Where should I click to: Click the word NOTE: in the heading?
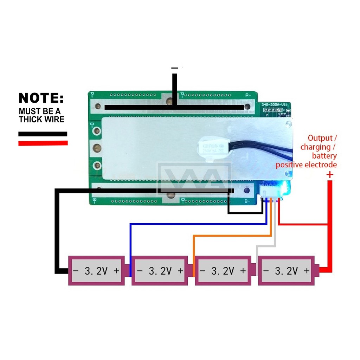click(x=41, y=98)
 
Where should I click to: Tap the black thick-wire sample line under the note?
click(x=43, y=134)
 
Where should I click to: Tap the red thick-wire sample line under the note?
click(x=43, y=143)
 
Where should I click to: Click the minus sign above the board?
click(x=174, y=67)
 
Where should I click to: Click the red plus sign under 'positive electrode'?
click(x=330, y=174)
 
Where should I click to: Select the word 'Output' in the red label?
click(x=319, y=138)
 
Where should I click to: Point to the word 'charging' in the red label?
click(x=315, y=147)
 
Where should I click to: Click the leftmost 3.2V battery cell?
click(x=96, y=270)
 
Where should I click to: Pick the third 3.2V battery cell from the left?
click(x=223, y=270)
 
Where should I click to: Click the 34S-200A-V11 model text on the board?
click(x=275, y=105)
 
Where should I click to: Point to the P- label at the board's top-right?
click(x=248, y=95)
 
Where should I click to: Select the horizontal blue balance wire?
click(x=197, y=224)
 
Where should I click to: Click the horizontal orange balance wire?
click(x=232, y=235)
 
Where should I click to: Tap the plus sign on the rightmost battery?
click(x=306, y=271)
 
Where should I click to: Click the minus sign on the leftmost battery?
click(x=75, y=271)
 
